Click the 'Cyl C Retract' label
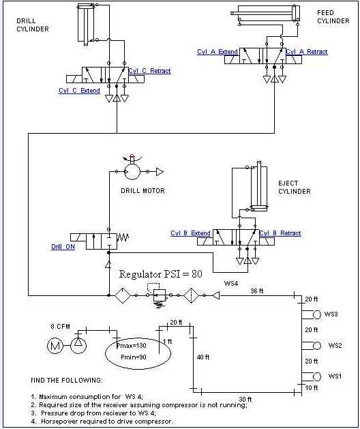click(149, 71)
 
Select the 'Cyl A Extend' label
click(217, 52)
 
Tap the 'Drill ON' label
click(63, 246)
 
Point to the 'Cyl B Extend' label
click(191, 233)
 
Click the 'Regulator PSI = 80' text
click(161, 274)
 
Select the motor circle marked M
click(55, 346)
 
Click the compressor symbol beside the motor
click(78, 345)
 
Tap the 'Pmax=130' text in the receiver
click(132, 346)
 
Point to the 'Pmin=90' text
click(134, 357)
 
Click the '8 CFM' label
click(60, 327)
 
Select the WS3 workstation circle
click(317, 314)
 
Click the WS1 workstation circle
click(317, 376)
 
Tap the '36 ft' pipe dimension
click(257, 291)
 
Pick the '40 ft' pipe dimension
click(203, 357)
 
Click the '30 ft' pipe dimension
click(245, 399)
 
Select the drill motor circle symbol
click(133, 172)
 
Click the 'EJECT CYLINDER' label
click(295, 187)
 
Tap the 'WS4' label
click(231, 283)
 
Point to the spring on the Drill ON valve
click(123, 237)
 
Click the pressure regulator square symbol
click(159, 295)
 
